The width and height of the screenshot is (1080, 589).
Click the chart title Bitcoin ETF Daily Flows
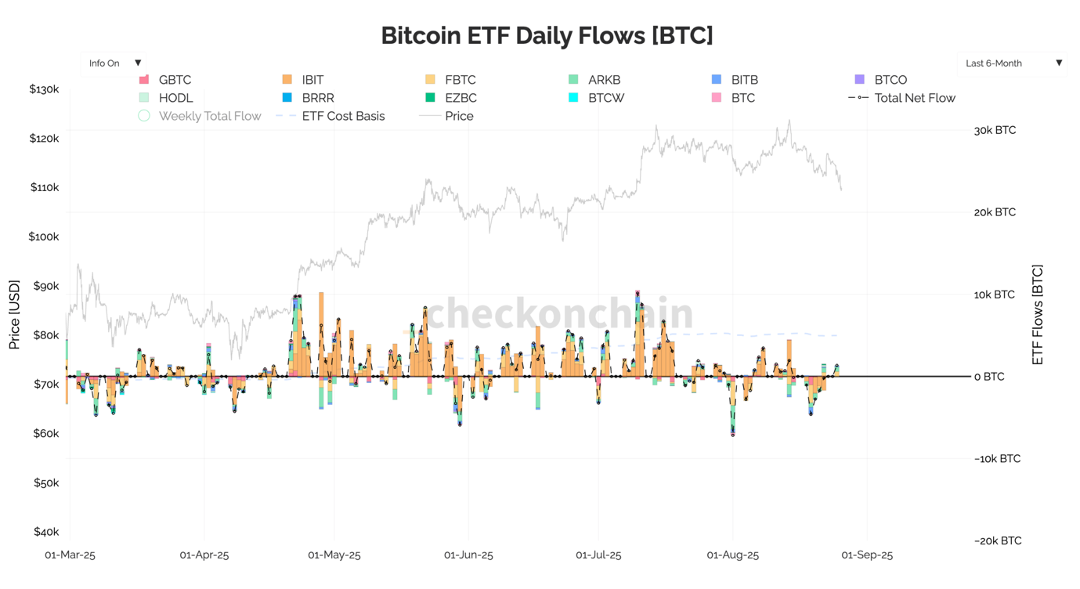[x=547, y=35]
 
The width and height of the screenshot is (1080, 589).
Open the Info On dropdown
[x=114, y=63]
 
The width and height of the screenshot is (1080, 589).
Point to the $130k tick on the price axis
[x=44, y=89]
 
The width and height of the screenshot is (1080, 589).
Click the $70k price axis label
[x=45, y=385]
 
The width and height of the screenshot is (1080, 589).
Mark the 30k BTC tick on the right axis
[x=995, y=130]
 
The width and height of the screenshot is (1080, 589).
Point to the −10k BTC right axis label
[x=997, y=459]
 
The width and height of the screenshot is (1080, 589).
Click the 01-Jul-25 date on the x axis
[x=598, y=555]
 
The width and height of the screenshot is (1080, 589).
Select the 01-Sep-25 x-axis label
[x=866, y=555]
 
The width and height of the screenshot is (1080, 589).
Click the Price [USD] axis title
[x=14, y=314]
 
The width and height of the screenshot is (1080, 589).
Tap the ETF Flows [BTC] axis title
[x=1038, y=314]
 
